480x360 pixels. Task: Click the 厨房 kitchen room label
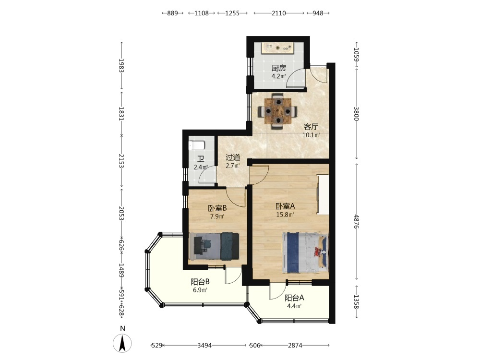pos(278,68)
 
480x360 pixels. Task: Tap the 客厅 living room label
pos(311,127)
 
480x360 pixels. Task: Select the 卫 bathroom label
pos(201,159)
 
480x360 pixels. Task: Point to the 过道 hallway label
pos(233,157)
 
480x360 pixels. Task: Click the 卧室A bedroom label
pos(285,206)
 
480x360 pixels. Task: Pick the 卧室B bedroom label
pos(217,208)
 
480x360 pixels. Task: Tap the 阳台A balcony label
pos(294,298)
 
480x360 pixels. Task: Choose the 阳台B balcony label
pos(200,282)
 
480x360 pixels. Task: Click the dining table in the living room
pos(277,111)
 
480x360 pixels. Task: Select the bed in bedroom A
pos(305,252)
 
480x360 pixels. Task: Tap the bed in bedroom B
pos(214,246)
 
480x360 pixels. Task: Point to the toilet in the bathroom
pos(195,145)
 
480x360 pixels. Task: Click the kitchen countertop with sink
pos(278,48)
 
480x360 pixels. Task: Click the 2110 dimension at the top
pos(278,13)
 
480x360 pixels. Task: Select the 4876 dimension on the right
pos(356,221)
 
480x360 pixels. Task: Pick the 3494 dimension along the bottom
pos(204,345)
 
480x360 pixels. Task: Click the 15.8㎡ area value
pos(285,215)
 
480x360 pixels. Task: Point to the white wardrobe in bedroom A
pos(323,195)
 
